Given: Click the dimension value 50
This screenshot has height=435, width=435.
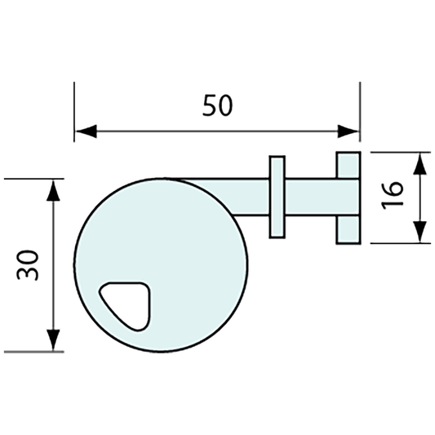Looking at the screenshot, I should click(218, 105).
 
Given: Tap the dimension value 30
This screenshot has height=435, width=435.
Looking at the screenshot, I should click(30, 264).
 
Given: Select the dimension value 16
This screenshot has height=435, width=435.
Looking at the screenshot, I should click(393, 197).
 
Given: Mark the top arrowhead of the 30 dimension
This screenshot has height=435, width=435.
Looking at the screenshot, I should click(54, 190).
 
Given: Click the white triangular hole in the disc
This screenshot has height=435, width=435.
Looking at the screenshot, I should click(127, 303).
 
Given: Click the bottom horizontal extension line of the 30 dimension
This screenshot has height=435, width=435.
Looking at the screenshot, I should click(33, 352).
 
